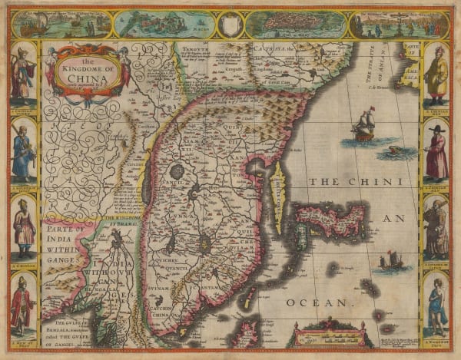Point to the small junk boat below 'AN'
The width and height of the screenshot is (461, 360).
click(x=390, y=262)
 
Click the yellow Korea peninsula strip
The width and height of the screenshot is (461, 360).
click(x=279, y=187)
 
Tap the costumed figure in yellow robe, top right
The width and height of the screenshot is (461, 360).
click(x=436, y=75)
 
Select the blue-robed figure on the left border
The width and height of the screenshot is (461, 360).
click(x=23, y=154)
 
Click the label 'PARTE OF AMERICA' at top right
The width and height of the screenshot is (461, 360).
click(x=410, y=60)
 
